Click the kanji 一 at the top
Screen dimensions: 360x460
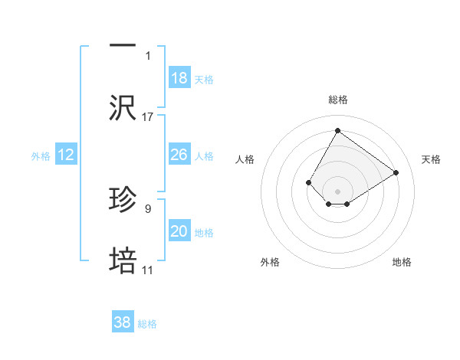click(123, 45)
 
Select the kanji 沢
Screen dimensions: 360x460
click(123, 108)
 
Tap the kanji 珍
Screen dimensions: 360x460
click(123, 201)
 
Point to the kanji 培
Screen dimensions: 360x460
click(123, 262)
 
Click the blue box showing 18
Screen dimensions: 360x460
click(179, 78)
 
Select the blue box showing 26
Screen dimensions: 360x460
click(179, 155)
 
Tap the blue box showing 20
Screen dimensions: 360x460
click(179, 231)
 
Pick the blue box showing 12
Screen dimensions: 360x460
click(66, 155)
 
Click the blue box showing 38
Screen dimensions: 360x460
click(123, 322)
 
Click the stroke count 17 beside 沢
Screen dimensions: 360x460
click(148, 117)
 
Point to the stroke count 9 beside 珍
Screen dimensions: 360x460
click(147, 208)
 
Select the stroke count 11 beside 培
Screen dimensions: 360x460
click(147, 270)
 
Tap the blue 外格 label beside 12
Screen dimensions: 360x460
click(41, 156)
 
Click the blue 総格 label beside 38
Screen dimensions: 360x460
click(147, 324)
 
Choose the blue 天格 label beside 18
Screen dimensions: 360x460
click(204, 80)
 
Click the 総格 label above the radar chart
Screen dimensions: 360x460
click(337, 100)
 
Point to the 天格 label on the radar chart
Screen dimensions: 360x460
click(431, 159)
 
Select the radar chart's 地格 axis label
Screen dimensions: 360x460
click(402, 262)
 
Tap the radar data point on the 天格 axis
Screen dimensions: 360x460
click(396, 172)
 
